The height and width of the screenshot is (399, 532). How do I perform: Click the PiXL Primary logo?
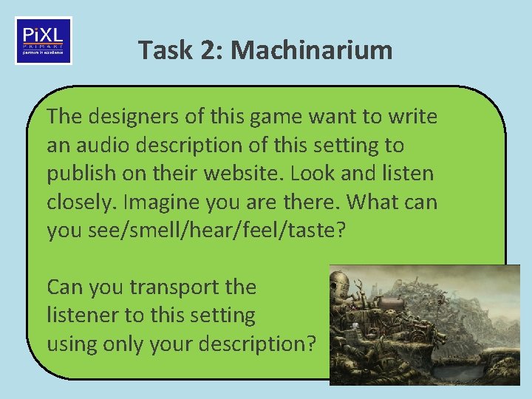pyautogui.click(x=44, y=41)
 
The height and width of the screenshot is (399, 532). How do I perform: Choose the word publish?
pyautogui.click(x=78, y=173)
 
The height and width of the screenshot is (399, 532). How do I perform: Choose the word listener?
pyautogui.click(x=82, y=315)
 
